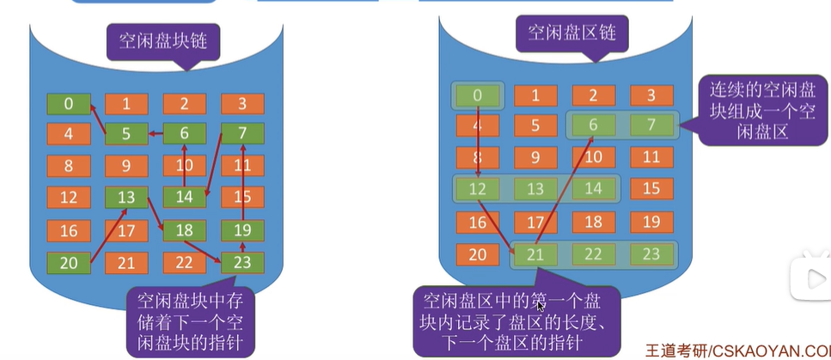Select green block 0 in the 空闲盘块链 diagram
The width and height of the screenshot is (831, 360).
click(x=68, y=104)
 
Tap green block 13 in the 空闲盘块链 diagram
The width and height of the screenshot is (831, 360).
click(x=126, y=198)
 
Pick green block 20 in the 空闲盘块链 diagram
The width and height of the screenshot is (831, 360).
click(x=68, y=262)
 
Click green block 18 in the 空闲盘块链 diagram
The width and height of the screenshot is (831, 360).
click(x=184, y=229)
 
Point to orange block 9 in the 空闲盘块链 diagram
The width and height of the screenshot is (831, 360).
click(x=126, y=166)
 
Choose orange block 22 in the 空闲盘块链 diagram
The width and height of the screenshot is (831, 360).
click(x=184, y=262)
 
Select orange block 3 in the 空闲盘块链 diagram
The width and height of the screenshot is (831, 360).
click(x=241, y=104)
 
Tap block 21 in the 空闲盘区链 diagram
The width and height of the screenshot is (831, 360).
click(x=536, y=254)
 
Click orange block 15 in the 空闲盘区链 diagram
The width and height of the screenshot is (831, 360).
click(x=651, y=187)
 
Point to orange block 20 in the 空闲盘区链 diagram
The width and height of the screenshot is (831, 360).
click(x=478, y=253)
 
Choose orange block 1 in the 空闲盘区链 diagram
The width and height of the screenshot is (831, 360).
click(x=536, y=95)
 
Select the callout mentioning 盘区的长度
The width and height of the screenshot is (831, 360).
click(x=513, y=323)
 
